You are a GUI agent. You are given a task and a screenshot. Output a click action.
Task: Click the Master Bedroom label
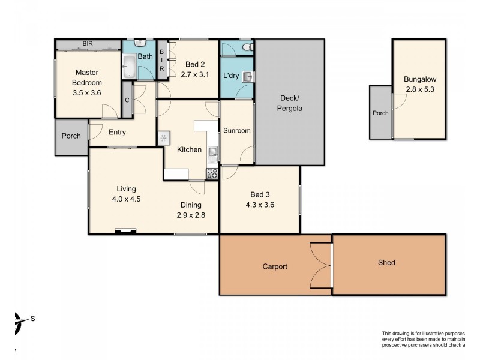point(87,78)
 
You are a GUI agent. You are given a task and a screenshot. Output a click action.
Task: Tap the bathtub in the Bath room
point(130,67)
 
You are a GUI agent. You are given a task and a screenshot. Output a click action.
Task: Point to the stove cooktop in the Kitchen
point(212,174)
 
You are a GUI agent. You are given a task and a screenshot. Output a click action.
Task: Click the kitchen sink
point(212,154)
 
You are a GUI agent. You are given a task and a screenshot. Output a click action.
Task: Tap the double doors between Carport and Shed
point(321,267)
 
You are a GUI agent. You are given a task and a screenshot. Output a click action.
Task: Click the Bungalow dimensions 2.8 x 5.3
point(420,90)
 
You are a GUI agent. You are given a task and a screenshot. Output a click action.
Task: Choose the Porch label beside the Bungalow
point(380,113)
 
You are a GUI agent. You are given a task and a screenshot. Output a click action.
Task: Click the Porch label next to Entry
point(71,136)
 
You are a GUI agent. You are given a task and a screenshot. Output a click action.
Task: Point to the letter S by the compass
point(33,319)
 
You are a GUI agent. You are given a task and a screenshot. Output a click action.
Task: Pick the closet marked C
point(127,101)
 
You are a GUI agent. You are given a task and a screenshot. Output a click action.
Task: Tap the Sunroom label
point(236,130)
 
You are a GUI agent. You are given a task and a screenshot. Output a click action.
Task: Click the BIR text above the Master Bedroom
point(88,44)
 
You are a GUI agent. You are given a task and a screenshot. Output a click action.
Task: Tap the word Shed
point(386,262)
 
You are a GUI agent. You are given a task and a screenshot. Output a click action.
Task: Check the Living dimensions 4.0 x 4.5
point(125,199)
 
